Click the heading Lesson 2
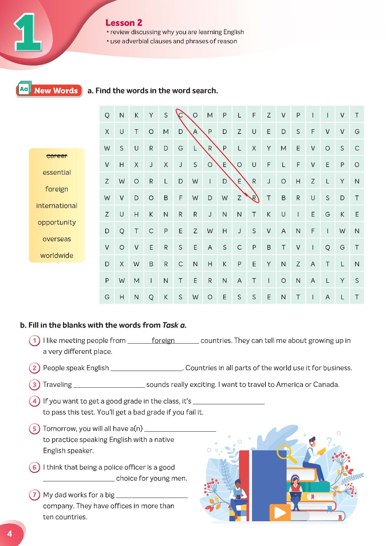click(124, 23)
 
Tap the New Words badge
click(49, 90)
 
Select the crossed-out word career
click(57, 156)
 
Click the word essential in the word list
click(57, 173)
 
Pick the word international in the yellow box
click(57, 206)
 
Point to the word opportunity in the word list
click(57, 222)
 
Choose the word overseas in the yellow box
click(57, 239)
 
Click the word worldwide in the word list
click(57, 256)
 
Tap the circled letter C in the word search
click(181, 115)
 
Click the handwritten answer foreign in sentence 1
click(163, 340)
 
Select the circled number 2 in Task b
click(34, 368)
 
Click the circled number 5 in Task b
click(34, 429)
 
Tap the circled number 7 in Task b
click(34, 495)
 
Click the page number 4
click(10, 534)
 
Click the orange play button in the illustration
click(280, 513)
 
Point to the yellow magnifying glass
click(285, 453)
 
